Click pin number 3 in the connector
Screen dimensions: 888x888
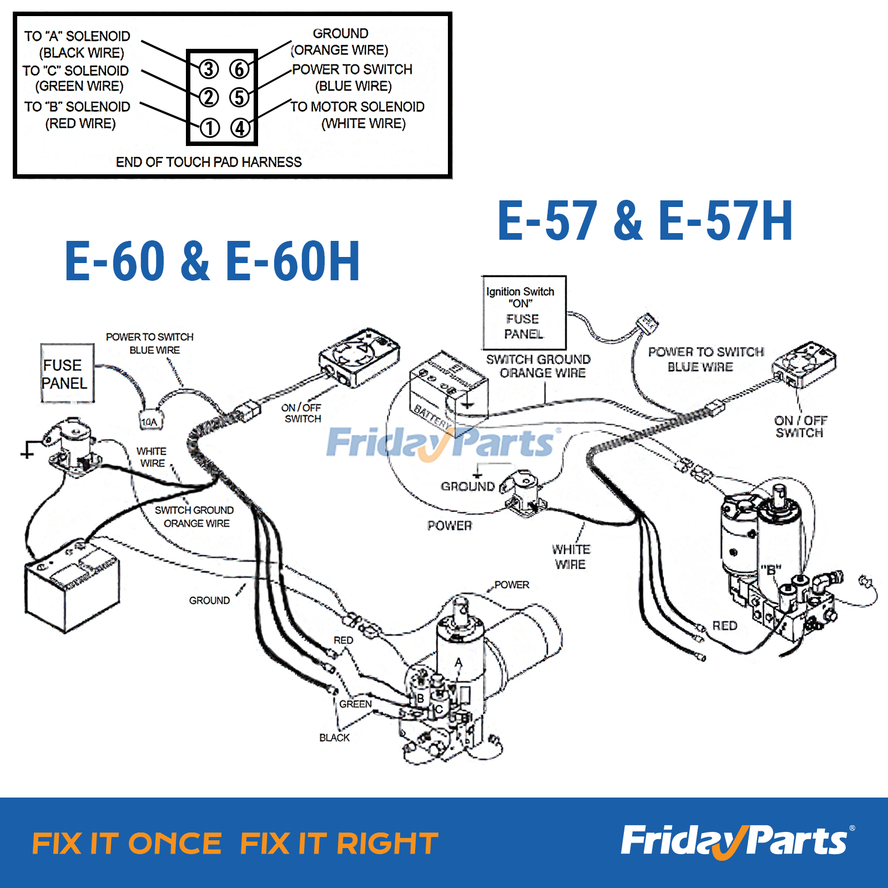[x=209, y=69]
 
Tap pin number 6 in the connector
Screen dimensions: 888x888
[x=240, y=69]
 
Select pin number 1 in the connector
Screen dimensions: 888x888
[x=209, y=128]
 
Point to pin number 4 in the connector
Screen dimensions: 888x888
[x=240, y=128]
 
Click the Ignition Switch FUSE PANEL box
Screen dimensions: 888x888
[x=523, y=312]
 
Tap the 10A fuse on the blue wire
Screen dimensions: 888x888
[x=150, y=422]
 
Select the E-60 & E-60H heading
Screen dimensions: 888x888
[x=212, y=261]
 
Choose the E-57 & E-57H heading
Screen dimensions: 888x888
[x=645, y=221]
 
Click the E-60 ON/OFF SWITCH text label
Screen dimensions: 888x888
[x=301, y=413]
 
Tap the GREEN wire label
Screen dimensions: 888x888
[x=356, y=704]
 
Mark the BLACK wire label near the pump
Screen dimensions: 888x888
[x=334, y=738]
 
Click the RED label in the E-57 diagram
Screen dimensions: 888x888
[x=724, y=625]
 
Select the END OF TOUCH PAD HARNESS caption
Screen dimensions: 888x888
[x=209, y=162]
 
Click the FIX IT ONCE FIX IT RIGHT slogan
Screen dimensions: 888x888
[x=235, y=844]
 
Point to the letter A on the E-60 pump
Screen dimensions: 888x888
[x=458, y=662]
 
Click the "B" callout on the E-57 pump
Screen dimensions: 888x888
[x=770, y=569]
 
